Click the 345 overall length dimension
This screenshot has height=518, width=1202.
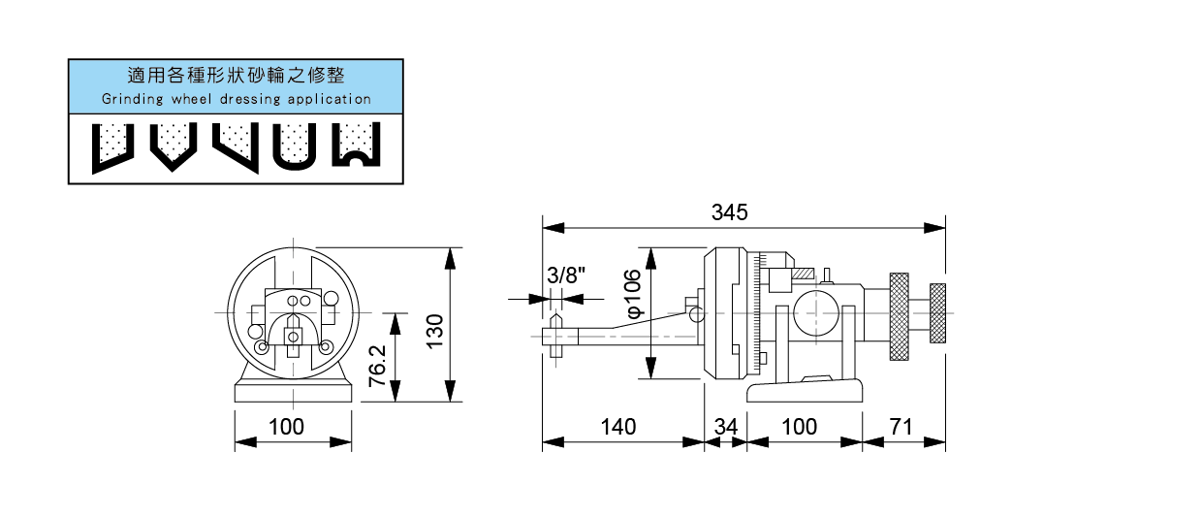743,212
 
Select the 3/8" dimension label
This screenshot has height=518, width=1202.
566,275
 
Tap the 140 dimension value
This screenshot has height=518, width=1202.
617,427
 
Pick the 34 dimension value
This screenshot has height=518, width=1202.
726,427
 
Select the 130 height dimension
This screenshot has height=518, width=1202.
434,330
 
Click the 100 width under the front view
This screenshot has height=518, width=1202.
287,427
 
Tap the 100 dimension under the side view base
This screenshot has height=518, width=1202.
799,427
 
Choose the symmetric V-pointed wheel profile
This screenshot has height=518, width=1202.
171,146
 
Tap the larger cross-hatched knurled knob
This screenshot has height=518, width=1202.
900,315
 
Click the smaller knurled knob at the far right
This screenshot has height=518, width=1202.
937,313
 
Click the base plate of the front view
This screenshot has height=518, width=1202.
293,392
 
